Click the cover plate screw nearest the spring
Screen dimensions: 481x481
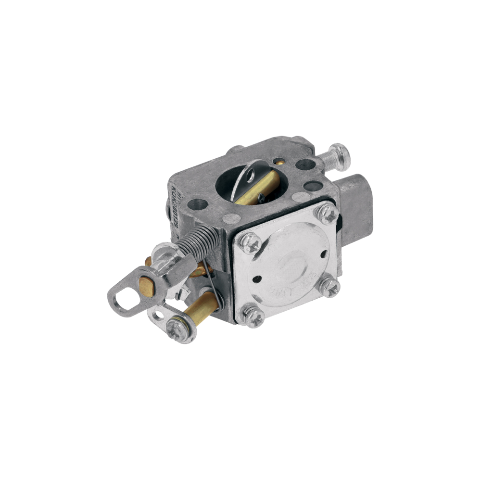[x=251, y=244]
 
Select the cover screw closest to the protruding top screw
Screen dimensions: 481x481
[x=326, y=214]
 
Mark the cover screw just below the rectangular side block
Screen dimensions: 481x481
[x=330, y=287]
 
